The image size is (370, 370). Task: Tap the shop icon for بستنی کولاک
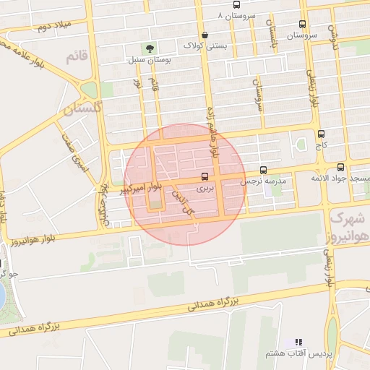point(205,35)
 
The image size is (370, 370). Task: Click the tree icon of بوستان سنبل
point(150,48)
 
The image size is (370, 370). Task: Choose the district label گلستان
point(83,109)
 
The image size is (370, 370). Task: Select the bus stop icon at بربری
point(205,176)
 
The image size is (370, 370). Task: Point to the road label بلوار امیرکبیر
point(126,190)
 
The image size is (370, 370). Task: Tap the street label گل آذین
point(184,200)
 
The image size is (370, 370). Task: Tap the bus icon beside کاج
point(321,134)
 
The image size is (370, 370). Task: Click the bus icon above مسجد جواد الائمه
point(341,168)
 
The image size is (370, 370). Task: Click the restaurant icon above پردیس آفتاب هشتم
point(298,342)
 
